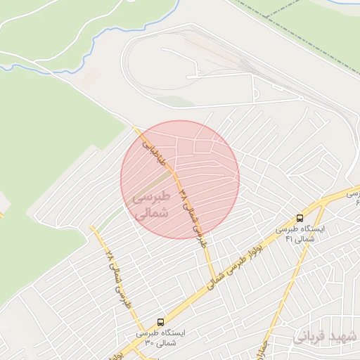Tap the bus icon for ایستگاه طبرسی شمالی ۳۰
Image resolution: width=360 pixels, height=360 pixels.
(160, 322)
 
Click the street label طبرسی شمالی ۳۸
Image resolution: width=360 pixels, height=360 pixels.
(193, 214)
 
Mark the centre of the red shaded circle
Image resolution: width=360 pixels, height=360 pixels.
(180, 179)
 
